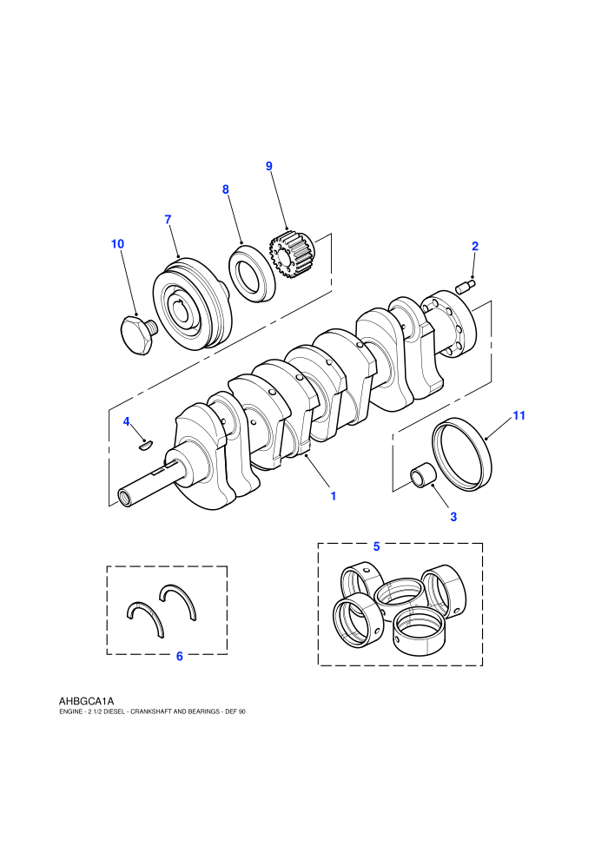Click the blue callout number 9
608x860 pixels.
[268, 166]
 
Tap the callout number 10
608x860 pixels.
[117, 244]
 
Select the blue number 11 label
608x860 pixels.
[519, 416]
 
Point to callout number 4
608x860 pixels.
[127, 421]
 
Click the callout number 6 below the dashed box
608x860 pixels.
[179, 656]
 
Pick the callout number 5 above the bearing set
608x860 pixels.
[376, 546]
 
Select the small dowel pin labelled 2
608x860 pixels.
[466, 286]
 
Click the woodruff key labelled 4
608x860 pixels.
[145, 446]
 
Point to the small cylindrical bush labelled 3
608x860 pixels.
[423, 475]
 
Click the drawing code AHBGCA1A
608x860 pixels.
[86, 701]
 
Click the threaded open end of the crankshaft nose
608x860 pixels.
[125, 498]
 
